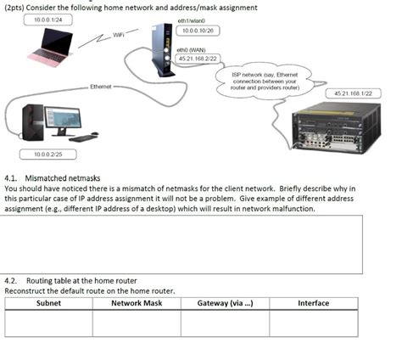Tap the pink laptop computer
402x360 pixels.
click(51, 46)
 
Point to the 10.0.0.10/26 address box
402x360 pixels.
click(198, 30)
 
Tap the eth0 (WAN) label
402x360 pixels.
click(191, 50)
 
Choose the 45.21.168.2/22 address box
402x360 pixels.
click(197, 59)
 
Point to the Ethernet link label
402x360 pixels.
click(101, 87)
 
